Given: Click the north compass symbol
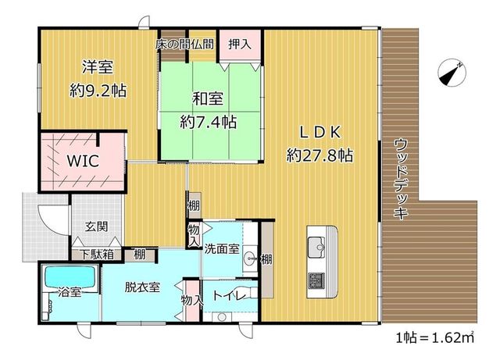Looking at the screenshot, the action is click(452, 73).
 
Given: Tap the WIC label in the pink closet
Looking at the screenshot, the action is click(83, 161).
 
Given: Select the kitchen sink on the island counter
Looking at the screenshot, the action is click(316, 247).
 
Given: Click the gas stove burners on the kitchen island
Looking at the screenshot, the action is click(316, 280).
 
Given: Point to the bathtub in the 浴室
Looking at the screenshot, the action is click(71, 276).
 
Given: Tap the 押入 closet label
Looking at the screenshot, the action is click(240, 45).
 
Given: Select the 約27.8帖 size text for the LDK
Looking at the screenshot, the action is click(320, 155).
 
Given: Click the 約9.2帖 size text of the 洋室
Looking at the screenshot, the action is click(98, 91).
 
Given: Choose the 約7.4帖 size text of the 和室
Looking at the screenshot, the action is click(209, 122).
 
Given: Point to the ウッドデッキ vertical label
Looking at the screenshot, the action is click(401, 179).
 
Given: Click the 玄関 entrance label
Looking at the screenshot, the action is click(96, 226).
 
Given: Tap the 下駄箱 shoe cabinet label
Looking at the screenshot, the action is click(96, 254).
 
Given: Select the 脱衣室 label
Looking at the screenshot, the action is click(142, 287).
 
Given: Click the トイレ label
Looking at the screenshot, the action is click(229, 296).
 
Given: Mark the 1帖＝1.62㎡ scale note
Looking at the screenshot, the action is click(435, 337).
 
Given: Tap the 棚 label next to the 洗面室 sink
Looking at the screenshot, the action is click(266, 259).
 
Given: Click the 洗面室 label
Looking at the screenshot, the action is click(222, 248).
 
